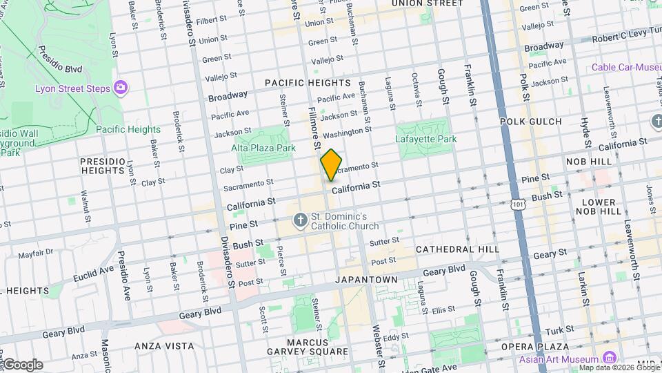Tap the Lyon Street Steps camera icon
tap(121, 87)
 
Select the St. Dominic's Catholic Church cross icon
tap(300, 220)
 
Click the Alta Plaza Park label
tap(263, 148)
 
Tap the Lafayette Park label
tap(425, 139)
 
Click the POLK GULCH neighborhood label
tap(531, 122)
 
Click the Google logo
tap(22, 365)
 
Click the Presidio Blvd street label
tap(60, 59)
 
